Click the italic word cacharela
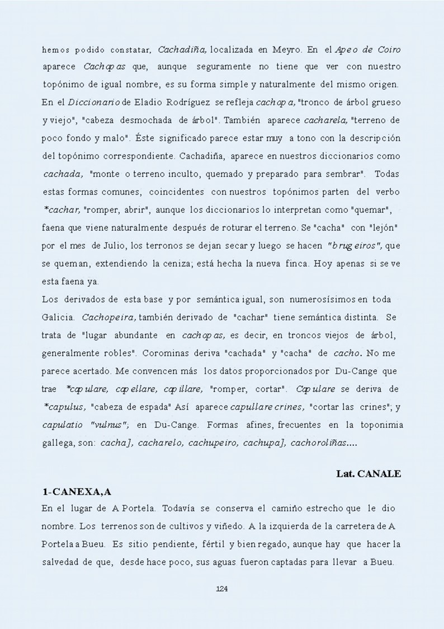(325, 120)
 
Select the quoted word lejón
(383, 227)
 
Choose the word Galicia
(59, 317)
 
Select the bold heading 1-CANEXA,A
(77, 491)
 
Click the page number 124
(221, 588)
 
